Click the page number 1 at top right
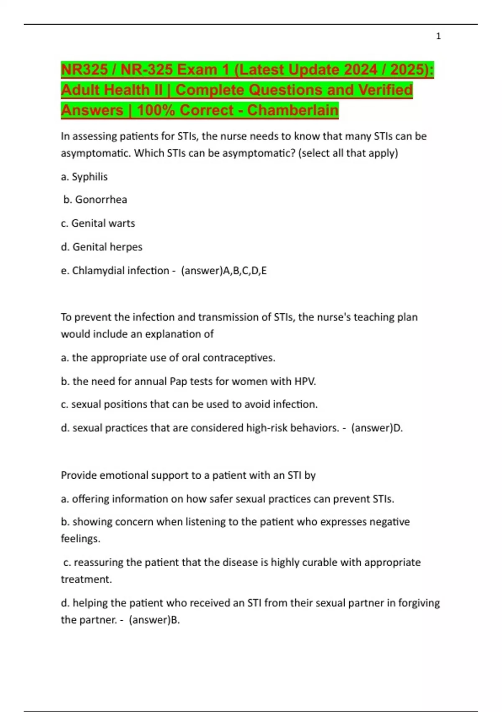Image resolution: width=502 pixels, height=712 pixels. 438,36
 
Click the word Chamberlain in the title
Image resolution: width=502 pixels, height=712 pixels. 292,110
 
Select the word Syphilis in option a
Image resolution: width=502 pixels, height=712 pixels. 90,177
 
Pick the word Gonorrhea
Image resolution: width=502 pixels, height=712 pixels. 101,199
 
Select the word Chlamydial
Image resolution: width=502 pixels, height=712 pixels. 99,271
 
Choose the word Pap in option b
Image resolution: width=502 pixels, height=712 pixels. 178,382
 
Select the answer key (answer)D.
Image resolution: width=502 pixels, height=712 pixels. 376,428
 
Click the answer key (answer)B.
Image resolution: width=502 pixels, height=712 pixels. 154,620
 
